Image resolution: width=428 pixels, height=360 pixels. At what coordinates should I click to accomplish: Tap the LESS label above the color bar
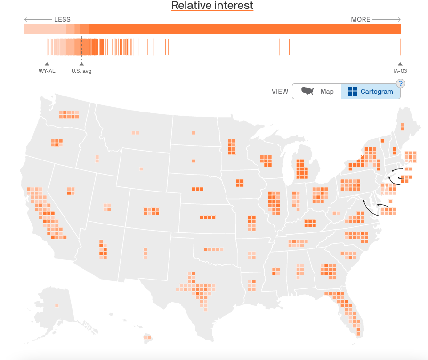(x=62, y=20)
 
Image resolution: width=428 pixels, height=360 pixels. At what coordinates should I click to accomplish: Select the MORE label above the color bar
(x=361, y=20)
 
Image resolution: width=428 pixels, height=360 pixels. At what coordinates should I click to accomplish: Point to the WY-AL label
(x=47, y=71)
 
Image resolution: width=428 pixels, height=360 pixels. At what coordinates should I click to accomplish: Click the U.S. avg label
(x=81, y=71)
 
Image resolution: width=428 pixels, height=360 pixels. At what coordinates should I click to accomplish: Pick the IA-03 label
(x=400, y=71)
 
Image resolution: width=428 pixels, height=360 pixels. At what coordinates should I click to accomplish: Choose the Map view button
(x=316, y=91)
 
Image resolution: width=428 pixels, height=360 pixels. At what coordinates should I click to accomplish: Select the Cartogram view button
(x=371, y=91)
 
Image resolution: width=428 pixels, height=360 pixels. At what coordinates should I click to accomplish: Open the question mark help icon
(x=401, y=84)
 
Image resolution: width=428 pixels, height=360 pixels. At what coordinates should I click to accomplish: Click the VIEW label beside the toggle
(x=280, y=91)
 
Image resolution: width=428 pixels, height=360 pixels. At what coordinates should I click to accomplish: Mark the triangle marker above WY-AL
(x=47, y=64)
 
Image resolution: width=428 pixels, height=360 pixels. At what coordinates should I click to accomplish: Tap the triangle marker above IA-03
(x=400, y=64)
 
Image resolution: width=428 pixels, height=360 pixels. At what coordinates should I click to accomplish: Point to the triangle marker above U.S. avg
(x=81, y=64)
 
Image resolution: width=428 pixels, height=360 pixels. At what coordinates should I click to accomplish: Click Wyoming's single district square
(x=141, y=169)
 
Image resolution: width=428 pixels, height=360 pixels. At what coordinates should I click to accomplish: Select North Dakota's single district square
(x=193, y=133)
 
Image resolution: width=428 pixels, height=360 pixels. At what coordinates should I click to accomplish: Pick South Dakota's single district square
(x=193, y=161)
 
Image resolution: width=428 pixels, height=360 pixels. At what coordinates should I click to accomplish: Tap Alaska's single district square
(x=57, y=305)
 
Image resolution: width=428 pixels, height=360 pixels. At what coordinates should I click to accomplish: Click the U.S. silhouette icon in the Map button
(x=308, y=91)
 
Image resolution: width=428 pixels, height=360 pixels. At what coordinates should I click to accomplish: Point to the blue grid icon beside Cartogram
(x=353, y=91)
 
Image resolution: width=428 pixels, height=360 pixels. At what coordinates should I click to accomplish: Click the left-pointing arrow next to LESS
(x=38, y=20)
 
